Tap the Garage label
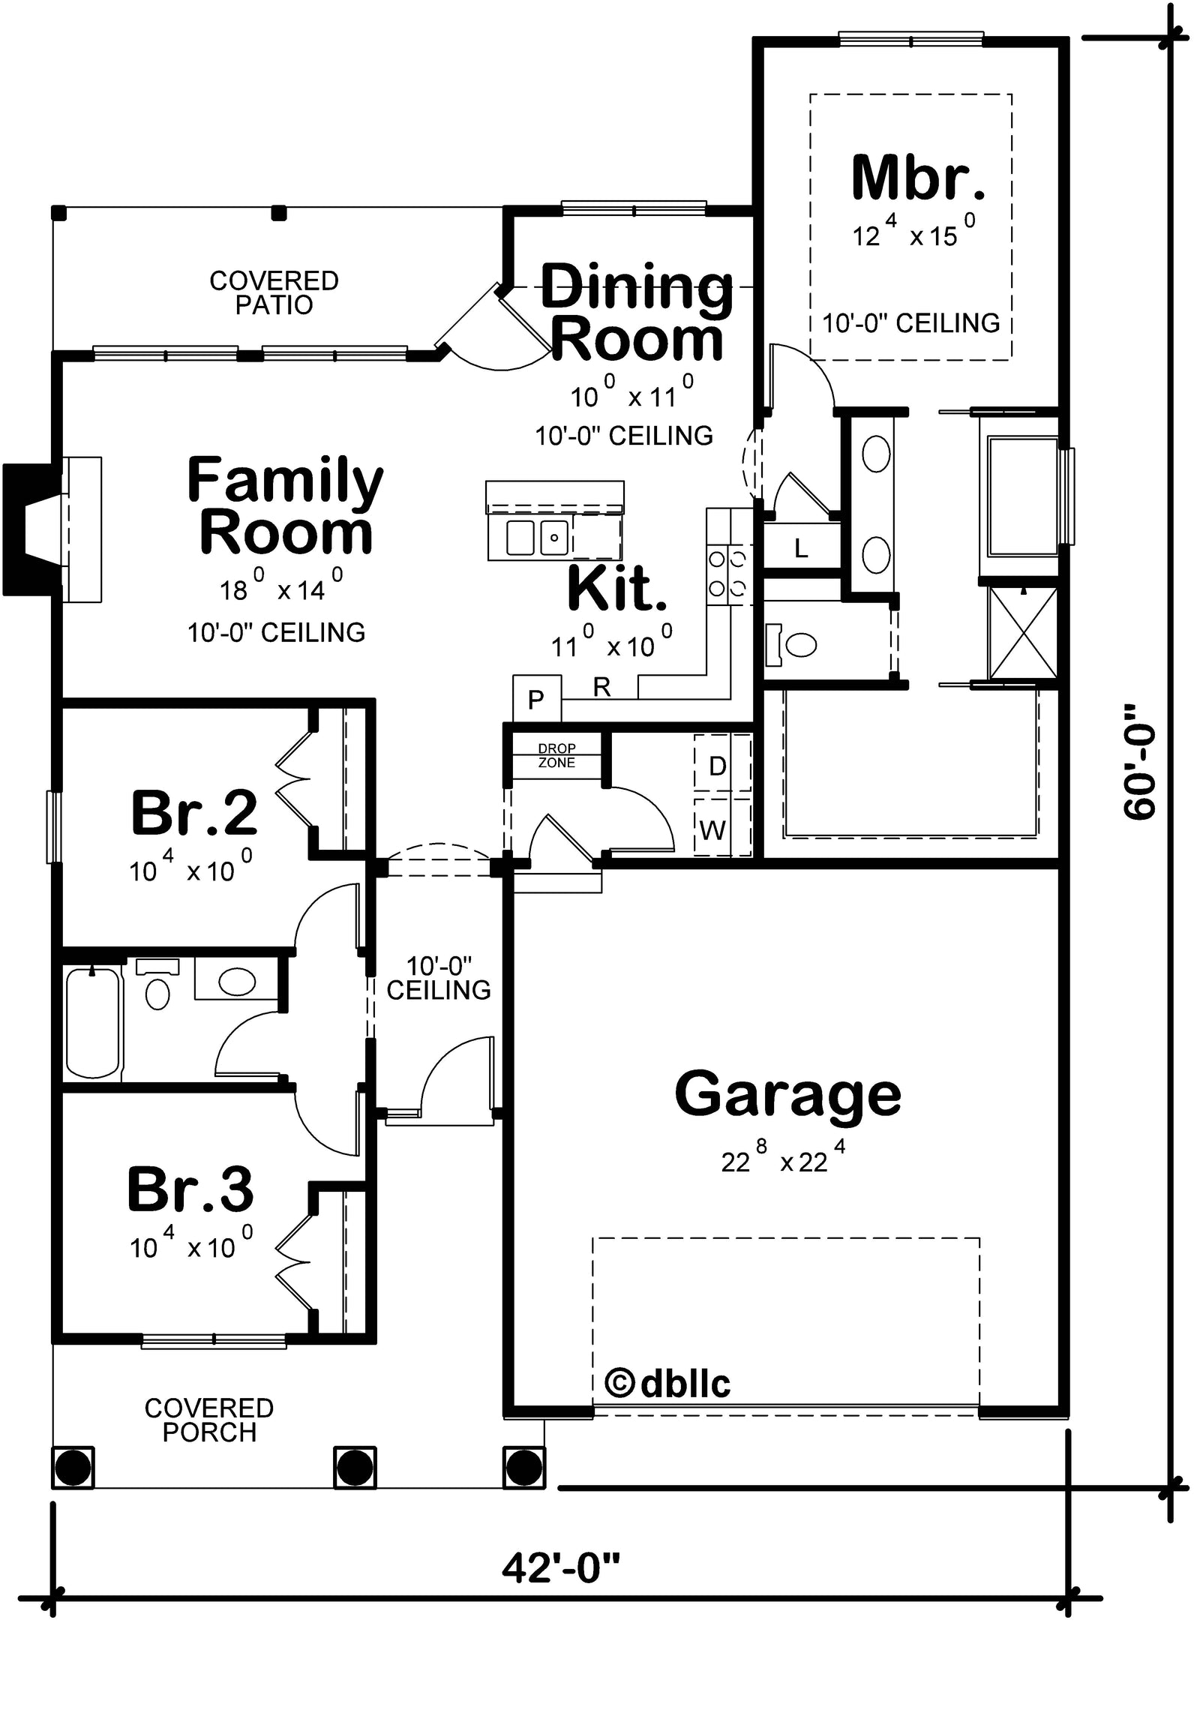[787, 1096]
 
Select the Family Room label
[285, 506]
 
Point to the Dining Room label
[637, 313]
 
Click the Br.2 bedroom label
[193, 813]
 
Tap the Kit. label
[617, 588]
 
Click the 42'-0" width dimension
[561, 1568]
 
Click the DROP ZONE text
[556, 755]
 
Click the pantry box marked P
[536, 699]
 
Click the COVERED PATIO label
[274, 292]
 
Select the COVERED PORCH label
[209, 1420]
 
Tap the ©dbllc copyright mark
[667, 1383]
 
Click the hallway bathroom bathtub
[93, 1022]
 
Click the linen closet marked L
[802, 547]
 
